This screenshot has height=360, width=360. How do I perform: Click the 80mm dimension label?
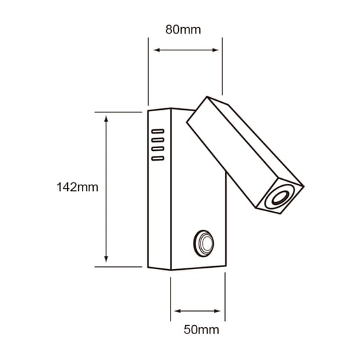(x=183, y=29)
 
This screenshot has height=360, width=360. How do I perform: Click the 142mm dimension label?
(x=78, y=187)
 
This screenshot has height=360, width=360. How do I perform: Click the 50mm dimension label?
(x=201, y=330)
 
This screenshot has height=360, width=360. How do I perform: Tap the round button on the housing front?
(x=204, y=243)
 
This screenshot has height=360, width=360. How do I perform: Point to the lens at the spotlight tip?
(x=280, y=198)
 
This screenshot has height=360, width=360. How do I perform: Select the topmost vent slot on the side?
(x=158, y=131)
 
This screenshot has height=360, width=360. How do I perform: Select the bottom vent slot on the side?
(x=158, y=158)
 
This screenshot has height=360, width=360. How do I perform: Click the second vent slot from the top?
(x=158, y=140)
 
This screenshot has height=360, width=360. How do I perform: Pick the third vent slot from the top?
(x=158, y=149)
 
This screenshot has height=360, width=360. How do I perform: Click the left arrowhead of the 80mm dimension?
(x=157, y=50)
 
